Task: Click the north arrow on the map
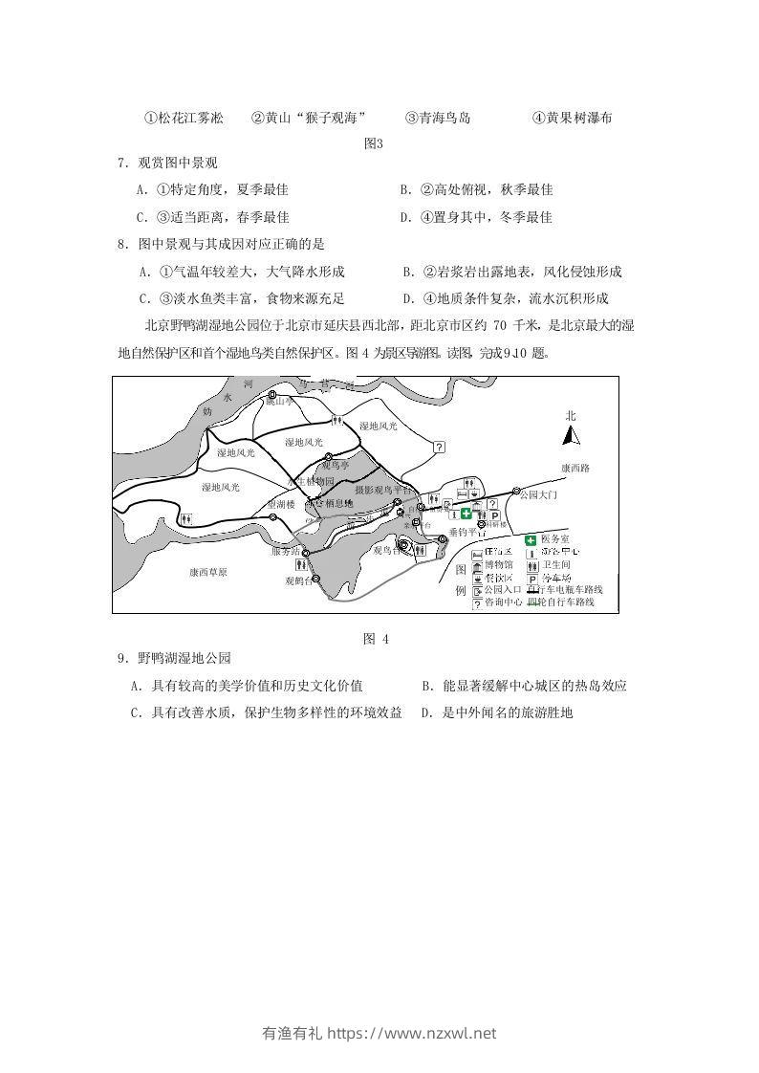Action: pos(571,435)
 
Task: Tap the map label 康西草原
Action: pos(207,572)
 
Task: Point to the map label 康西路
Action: pos(576,469)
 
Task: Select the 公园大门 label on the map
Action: pos(537,496)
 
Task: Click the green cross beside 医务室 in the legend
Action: pos(531,539)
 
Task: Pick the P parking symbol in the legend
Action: pos(531,578)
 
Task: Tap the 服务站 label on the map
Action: pos(286,551)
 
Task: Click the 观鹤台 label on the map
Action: pos(298,580)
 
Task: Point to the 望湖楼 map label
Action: pos(281,503)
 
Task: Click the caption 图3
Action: pos(374,143)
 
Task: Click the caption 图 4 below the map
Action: pos(376,639)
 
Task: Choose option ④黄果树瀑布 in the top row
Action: pos(572,119)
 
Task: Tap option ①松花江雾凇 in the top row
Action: pos(184,119)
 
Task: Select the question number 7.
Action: pos(121,164)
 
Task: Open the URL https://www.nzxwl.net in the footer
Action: pos(412,1033)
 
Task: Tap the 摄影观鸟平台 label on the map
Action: pos(382,489)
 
